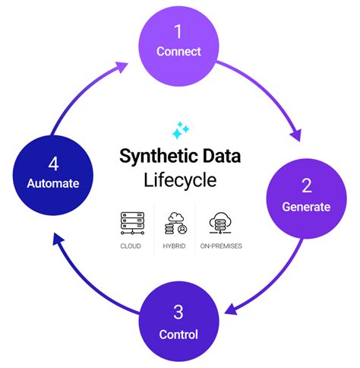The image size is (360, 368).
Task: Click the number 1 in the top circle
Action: [179, 33]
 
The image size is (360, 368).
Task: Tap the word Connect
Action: [178, 52]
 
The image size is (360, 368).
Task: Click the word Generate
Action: [306, 206]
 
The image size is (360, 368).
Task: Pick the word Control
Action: [179, 334]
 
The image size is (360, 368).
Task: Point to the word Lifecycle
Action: [179, 180]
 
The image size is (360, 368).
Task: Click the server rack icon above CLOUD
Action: [132, 222]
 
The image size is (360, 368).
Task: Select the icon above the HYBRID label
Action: [175, 222]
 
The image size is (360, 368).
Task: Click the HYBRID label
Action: [175, 246]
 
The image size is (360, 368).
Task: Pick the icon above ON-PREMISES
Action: [222, 222]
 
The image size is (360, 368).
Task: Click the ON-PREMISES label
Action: [222, 246]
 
